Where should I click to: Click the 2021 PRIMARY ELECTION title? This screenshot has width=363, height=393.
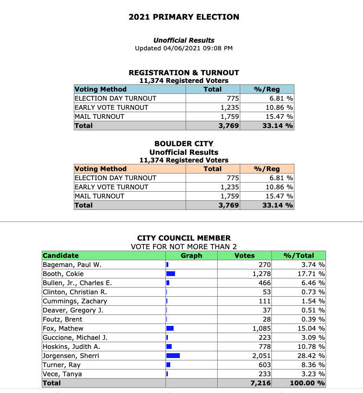click(184, 17)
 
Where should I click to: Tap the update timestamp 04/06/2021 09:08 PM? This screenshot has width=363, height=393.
click(184, 48)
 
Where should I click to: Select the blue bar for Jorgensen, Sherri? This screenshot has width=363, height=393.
click(173, 356)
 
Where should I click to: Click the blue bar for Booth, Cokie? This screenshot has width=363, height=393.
click(170, 274)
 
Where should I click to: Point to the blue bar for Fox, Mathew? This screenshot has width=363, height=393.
click(170, 328)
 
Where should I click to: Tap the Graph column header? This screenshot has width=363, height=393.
click(191, 255)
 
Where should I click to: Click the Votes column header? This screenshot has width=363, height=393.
click(244, 255)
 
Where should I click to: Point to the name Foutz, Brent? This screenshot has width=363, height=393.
click(62, 319)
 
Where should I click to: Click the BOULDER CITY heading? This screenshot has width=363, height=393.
click(184, 143)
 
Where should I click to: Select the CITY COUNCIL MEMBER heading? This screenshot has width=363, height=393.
click(184, 238)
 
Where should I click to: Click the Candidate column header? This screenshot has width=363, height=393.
click(60, 255)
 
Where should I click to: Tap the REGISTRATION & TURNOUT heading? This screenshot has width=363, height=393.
click(184, 72)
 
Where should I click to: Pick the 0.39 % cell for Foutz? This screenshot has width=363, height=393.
click(311, 319)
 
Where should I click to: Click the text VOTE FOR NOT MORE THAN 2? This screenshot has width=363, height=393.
click(184, 246)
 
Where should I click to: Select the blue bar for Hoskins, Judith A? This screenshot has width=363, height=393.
click(169, 347)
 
